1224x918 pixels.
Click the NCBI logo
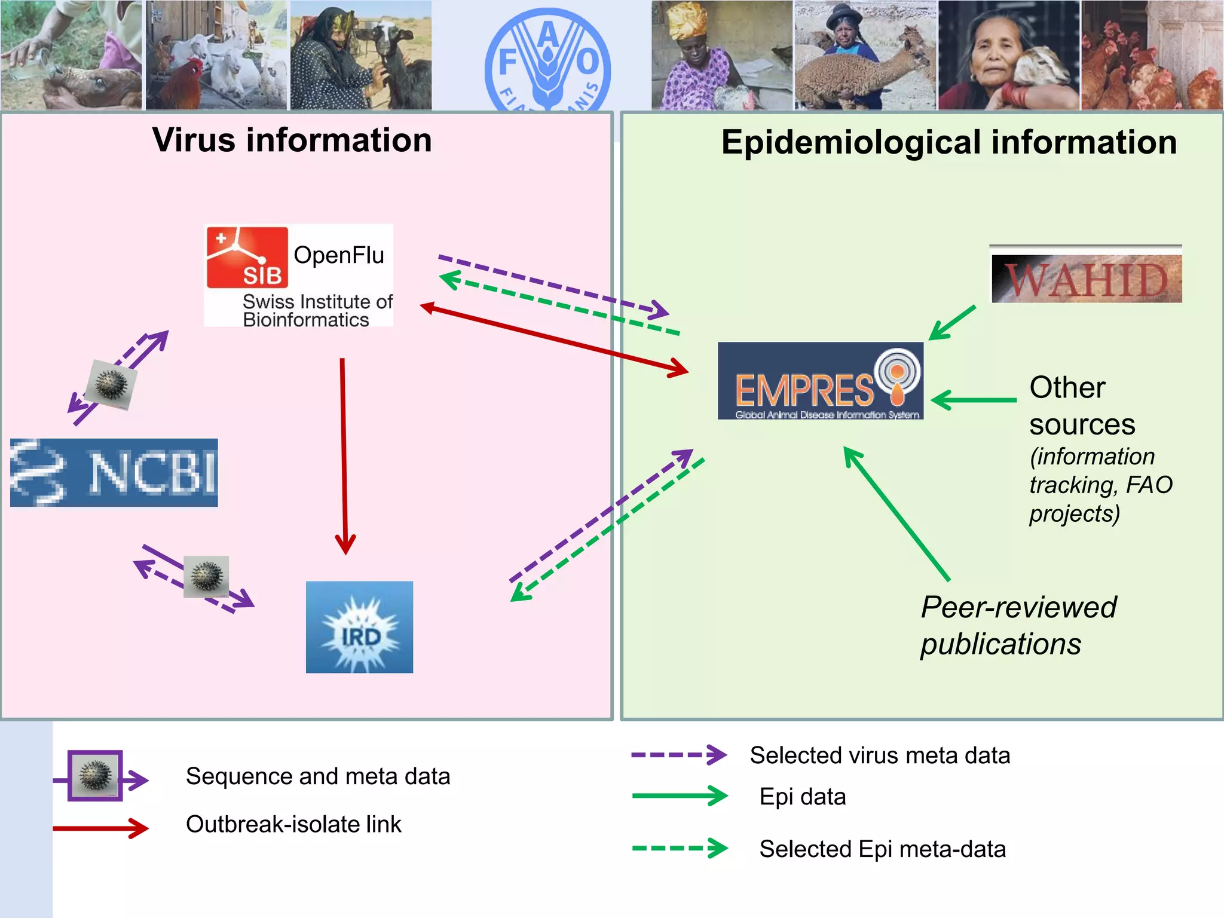[114, 472]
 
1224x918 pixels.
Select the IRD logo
[359, 627]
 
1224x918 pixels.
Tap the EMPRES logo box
[820, 381]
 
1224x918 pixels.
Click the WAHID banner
[1086, 279]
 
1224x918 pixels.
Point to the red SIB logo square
[247, 257]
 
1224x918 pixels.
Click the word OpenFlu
[338, 255]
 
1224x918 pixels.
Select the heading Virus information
[292, 140]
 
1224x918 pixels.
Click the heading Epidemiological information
[948, 143]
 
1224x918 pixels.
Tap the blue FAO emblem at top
[547, 60]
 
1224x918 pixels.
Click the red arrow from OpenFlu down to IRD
[344, 454]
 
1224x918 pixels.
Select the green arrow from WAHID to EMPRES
[953, 323]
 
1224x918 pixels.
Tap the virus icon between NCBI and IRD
[206, 577]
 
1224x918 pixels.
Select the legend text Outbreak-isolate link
[293, 824]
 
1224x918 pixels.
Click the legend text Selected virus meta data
[880, 755]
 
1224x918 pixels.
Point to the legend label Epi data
[802, 797]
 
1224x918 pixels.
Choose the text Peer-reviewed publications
[1018, 625]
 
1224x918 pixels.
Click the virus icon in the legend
[95, 775]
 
